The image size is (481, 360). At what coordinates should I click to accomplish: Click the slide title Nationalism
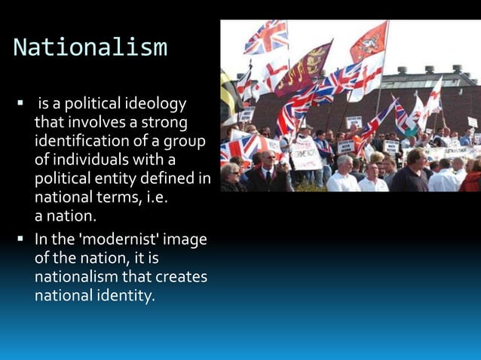click(90, 47)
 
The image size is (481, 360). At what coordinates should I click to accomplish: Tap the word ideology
click(157, 102)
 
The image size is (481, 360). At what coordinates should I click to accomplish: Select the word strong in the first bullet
click(167, 121)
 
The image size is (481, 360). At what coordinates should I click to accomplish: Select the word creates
click(178, 277)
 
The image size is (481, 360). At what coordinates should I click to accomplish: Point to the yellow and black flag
click(228, 94)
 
